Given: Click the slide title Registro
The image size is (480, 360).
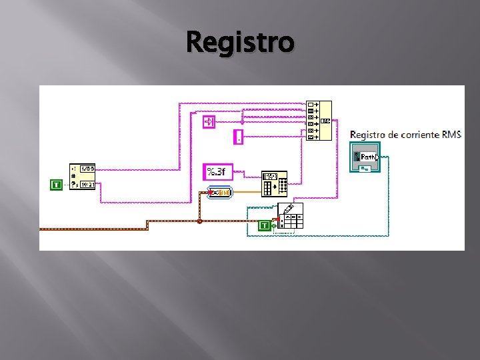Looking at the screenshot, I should point(240,42).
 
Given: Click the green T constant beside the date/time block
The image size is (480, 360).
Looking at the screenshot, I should point(56,184).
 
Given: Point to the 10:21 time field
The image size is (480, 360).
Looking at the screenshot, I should point(87,185).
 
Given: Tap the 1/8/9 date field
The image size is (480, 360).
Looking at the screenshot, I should point(87,169).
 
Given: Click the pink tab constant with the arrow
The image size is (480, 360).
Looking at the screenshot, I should point(209,121).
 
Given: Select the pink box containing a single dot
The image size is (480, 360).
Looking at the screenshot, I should point(239,137).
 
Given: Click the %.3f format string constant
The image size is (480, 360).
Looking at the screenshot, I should point(215,172).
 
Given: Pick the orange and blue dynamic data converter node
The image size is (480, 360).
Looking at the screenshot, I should point(219,193).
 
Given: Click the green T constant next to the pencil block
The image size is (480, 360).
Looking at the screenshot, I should point(265,226).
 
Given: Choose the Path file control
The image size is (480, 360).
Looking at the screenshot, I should point(365,158).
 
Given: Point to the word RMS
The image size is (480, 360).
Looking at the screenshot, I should point(450,135).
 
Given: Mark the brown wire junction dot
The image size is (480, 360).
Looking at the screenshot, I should point(199,221).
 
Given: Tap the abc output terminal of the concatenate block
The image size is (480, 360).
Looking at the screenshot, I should point(325,121).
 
